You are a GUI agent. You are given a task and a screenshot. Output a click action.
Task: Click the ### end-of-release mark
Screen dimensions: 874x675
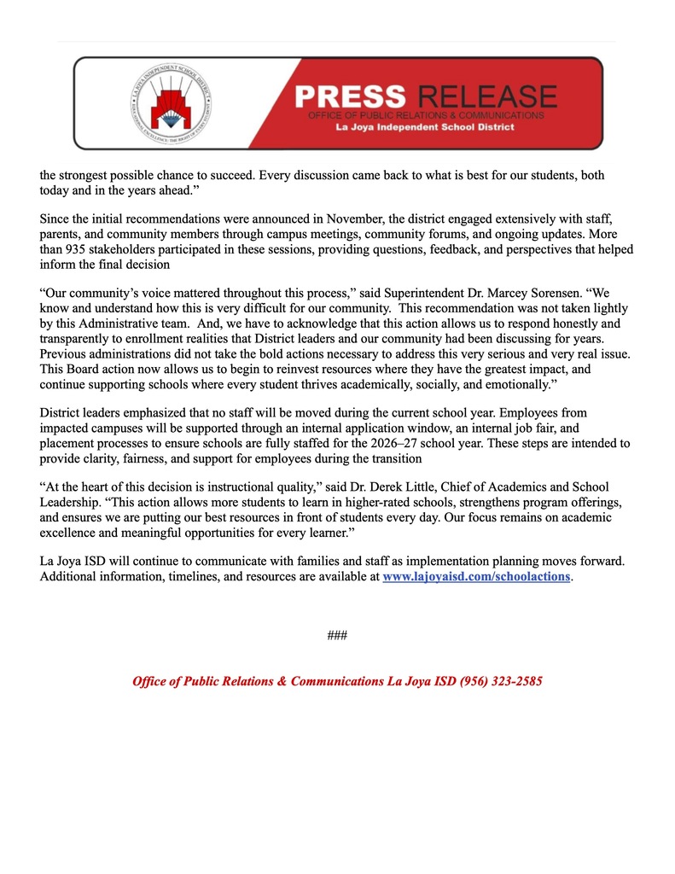click(x=337, y=636)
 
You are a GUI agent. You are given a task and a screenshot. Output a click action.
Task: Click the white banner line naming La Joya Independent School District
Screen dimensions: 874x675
click(x=424, y=127)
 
